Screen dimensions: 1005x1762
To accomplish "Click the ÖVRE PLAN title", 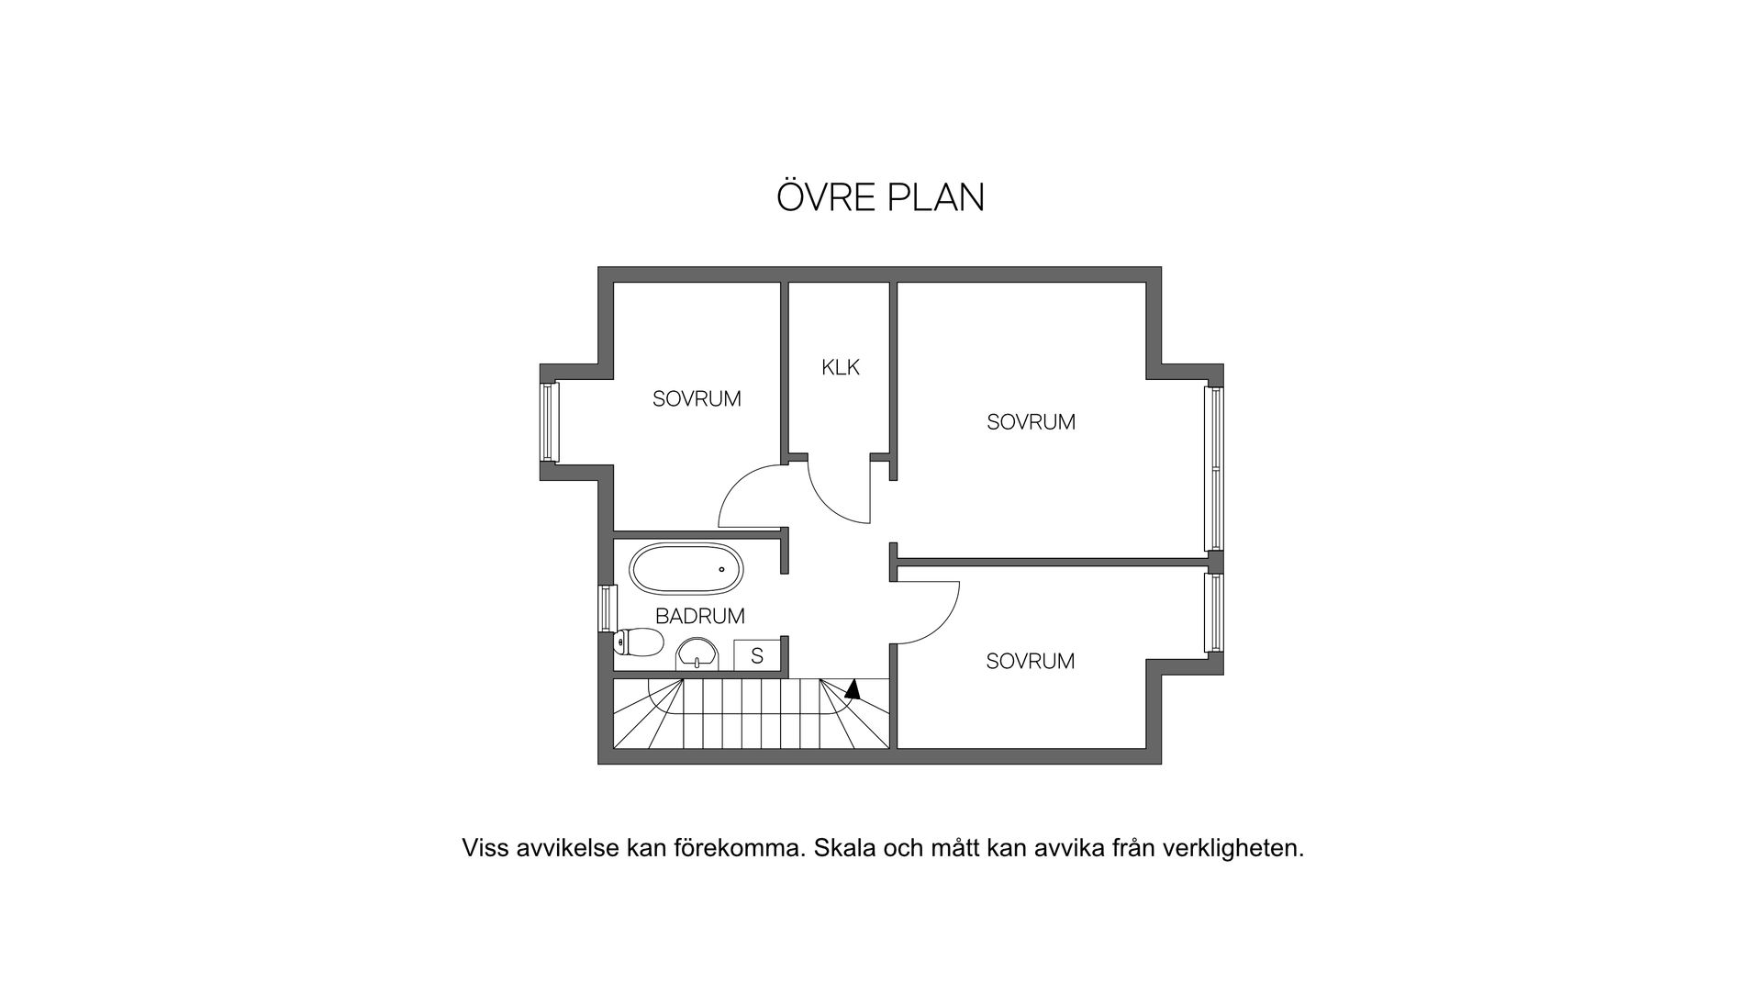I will click(880, 197).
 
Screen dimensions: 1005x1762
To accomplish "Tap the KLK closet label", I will click(841, 368).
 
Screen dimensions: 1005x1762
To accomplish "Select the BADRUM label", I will click(699, 616).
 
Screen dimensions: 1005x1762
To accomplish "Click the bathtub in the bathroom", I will click(686, 569).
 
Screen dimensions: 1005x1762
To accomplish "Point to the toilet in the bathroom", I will click(640, 642).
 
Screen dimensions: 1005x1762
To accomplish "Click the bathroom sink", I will click(697, 655).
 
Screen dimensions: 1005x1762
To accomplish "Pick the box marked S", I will click(757, 655).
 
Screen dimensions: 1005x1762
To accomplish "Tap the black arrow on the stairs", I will click(853, 688).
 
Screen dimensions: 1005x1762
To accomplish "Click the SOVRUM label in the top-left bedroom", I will click(697, 399).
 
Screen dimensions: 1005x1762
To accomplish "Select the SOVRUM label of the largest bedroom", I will click(1031, 422).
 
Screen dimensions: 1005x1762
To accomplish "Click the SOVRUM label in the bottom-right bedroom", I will click(1030, 661).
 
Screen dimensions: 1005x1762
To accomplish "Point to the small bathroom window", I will click(605, 608).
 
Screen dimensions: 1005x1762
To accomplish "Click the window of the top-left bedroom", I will click(549, 421).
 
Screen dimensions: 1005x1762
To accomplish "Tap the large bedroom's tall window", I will click(1214, 469).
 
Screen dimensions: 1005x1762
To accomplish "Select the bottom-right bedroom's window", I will click(1214, 612).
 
